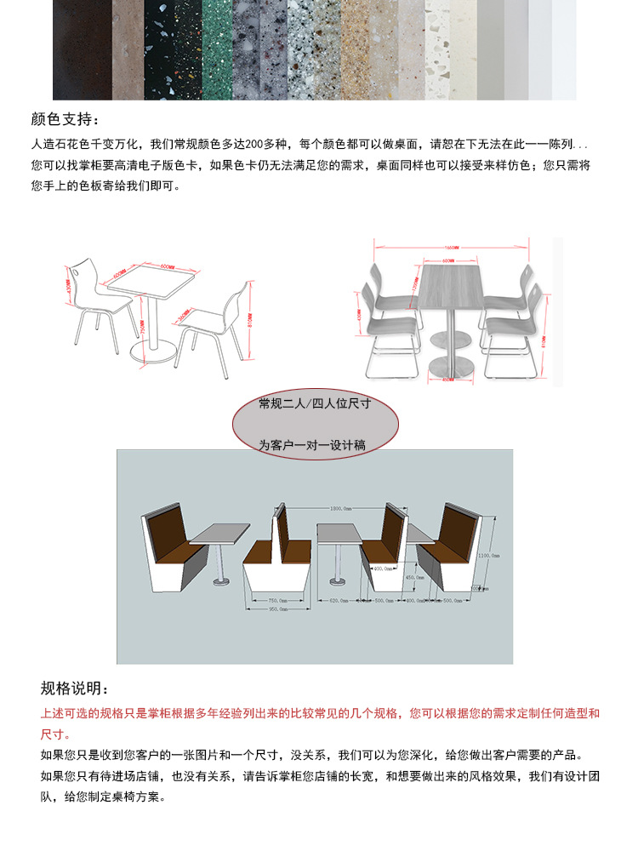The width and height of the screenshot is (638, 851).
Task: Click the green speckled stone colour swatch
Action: [217, 49]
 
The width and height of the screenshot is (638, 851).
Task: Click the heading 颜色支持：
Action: [70, 118]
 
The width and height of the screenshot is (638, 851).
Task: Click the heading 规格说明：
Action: [75, 688]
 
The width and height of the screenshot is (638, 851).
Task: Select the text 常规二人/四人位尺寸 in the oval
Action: [315, 403]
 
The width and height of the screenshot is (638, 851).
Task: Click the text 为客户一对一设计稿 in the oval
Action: [312, 445]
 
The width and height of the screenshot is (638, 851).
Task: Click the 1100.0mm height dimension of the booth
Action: [489, 554]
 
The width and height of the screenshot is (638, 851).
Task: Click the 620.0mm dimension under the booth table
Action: [338, 600]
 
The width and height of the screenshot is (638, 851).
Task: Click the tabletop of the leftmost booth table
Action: [219, 534]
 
